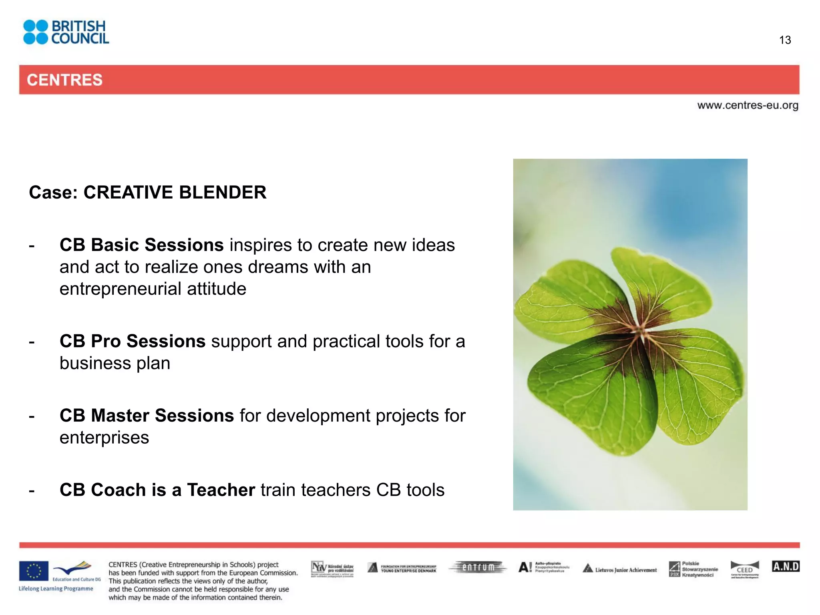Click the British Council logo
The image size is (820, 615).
pos(66,32)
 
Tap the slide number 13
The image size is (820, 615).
pos(785,40)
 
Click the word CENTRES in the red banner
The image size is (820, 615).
pos(64,80)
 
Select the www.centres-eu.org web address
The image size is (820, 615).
pos(748,105)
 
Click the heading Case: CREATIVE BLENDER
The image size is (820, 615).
pos(147,192)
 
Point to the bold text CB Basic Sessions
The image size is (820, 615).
pos(141,245)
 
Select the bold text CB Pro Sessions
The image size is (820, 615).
pos(132,341)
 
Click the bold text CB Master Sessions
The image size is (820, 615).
pos(147,415)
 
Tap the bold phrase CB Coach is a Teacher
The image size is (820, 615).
pos(157,490)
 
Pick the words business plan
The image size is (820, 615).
pos(115,363)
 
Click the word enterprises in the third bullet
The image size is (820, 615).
pos(104,437)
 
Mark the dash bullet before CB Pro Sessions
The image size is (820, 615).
pos(32,342)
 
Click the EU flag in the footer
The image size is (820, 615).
pos(34,571)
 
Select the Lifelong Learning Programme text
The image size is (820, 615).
pos(56,589)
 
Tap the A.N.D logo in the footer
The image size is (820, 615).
pos(785,567)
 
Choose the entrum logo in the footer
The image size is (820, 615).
pos(478,567)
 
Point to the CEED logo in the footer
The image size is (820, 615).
pos(744,569)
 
